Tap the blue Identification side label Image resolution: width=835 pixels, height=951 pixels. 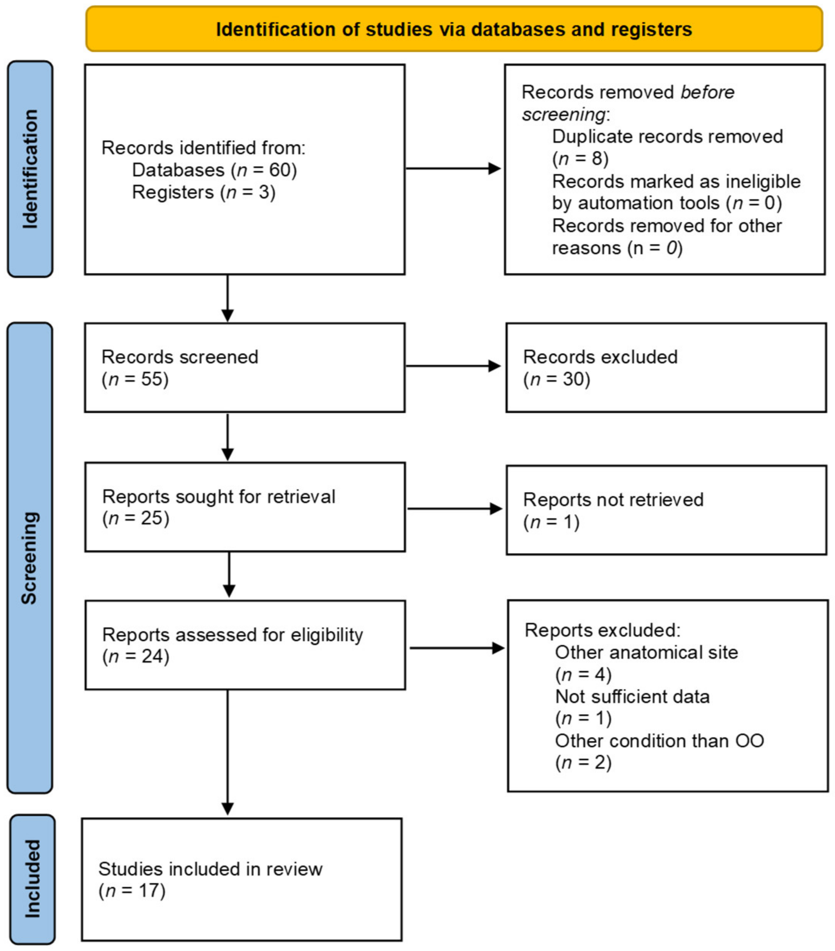[x=30, y=169]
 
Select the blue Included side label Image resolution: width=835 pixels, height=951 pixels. [x=32, y=879]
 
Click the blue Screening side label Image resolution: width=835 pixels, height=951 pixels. [x=29, y=558]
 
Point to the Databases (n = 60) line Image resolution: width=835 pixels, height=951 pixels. [x=214, y=170]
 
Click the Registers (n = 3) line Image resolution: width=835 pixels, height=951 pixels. [x=204, y=192]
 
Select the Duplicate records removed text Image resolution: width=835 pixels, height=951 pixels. [x=667, y=137]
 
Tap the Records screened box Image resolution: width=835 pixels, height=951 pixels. [x=244, y=368]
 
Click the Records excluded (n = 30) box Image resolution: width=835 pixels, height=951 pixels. [x=666, y=368]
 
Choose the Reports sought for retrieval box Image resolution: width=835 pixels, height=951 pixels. [x=244, y=507]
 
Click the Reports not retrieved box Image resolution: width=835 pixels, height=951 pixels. [x=666, y=510]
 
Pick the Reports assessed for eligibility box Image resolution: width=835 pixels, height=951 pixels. [x=244, y=645]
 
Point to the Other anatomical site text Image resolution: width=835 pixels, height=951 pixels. [x=646, y=652]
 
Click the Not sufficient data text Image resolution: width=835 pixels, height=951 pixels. [x=632, y=696]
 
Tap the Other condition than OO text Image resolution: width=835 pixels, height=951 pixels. [x=659, y=741]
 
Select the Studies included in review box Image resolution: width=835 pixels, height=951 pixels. [x=241, y=879]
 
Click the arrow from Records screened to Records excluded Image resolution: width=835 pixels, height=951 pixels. [x=453, y=366]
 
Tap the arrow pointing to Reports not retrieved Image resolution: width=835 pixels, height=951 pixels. [x=455, y=509]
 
